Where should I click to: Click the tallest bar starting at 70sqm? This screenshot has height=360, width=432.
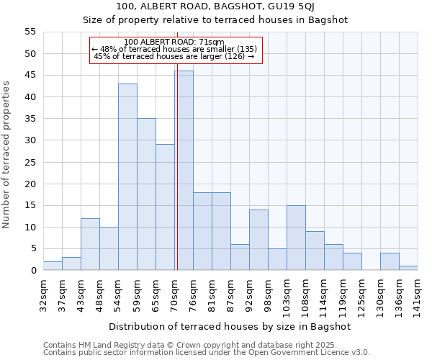point(184,171)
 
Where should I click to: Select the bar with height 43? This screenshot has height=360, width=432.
point(127,177)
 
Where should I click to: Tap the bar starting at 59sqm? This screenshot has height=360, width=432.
point(146,194)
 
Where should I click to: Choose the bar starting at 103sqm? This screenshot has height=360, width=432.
point(296,238)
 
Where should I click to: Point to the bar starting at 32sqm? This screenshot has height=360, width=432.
point(53,266)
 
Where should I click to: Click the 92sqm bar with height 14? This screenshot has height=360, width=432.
point(258,240)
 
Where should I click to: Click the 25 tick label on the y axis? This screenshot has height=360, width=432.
point(30,162)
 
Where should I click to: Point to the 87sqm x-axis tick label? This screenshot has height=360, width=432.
point(230,293)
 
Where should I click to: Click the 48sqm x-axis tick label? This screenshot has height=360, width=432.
point(99,293)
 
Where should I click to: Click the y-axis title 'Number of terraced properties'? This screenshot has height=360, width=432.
point(6,155)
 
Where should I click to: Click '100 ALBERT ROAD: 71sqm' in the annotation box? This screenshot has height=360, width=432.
point(174,42)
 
